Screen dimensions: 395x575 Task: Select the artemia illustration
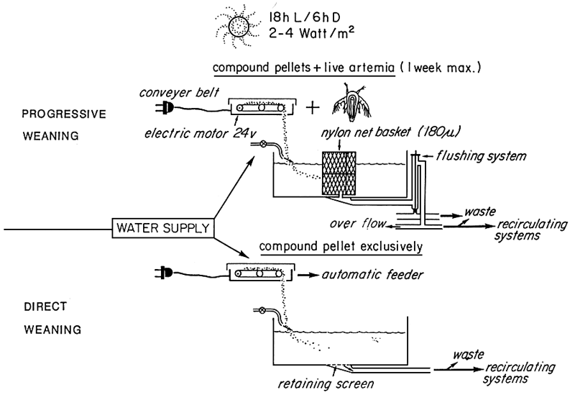tap(355, 106)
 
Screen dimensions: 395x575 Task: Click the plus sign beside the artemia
tap(313, 108)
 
